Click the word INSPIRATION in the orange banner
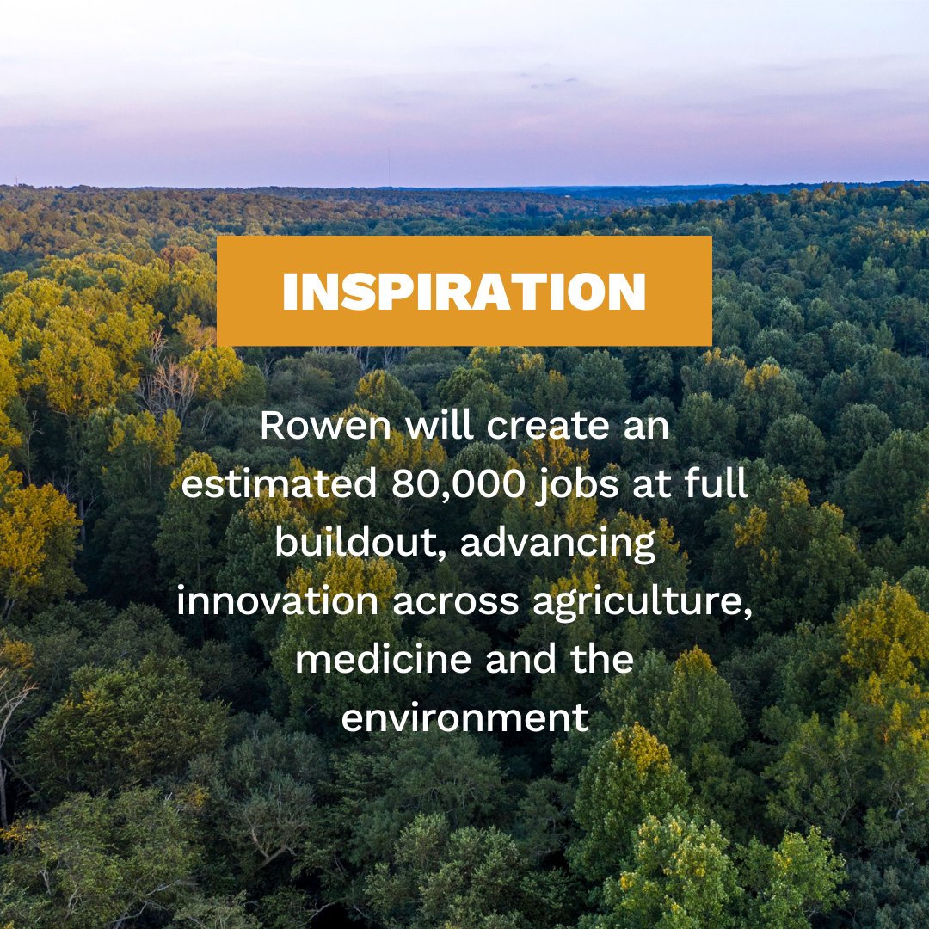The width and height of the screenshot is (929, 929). [464, 292]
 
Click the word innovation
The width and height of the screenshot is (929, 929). [277, 601]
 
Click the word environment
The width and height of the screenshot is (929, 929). [464, 718]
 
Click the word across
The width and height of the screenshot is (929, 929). [456, 602]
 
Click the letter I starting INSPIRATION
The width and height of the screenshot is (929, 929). [290, 292]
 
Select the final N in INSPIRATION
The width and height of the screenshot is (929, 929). [625, 292]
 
